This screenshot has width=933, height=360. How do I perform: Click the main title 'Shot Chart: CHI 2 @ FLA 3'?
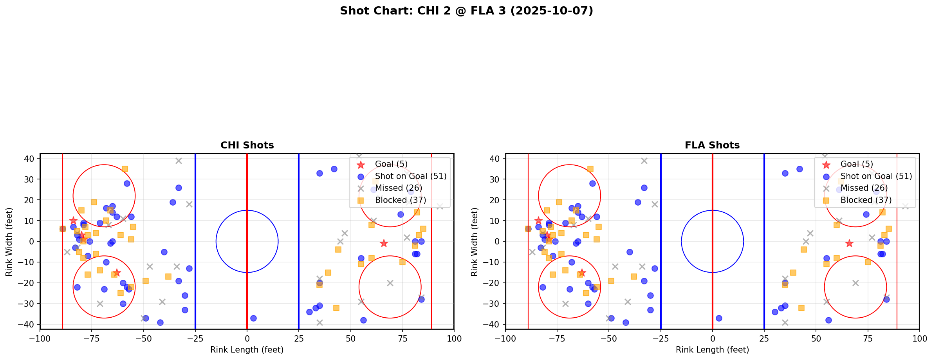[466, 11]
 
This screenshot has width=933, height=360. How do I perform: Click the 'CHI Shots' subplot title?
[247, 145]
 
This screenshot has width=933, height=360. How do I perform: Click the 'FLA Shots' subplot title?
[712, 145]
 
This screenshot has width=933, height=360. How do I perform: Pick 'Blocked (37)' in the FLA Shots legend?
[866, 200]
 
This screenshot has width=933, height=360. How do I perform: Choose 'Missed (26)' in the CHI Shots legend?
[399, 188]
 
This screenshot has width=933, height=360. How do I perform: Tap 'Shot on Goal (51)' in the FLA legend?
[876, 176]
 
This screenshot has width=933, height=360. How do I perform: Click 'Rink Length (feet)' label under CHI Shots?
[247, 350]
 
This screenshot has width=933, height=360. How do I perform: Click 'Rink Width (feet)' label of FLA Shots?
[475, 242]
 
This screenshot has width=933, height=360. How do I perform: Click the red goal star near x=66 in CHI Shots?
[384, 243]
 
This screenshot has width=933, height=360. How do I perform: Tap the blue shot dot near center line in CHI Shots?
[253, 318]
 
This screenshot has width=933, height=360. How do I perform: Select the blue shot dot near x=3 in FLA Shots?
[719, 318]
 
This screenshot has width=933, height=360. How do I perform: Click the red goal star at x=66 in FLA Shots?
[849, 243]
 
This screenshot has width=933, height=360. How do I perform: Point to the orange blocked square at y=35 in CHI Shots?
[125, 169]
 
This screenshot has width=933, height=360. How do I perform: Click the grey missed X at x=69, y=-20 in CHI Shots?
[390, 283]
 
